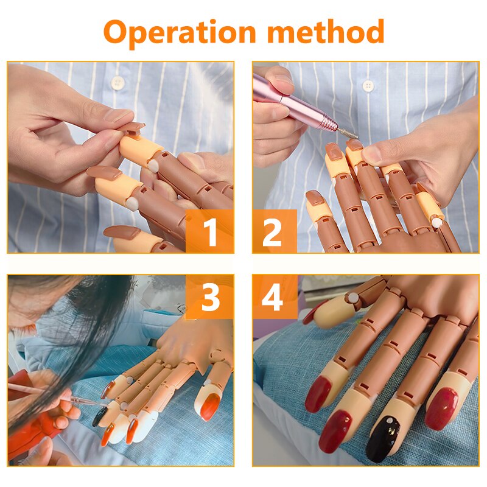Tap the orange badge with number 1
point(210,232)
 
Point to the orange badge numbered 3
point(210,297)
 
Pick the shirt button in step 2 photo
point(368,85)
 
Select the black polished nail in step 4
point(384,438)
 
